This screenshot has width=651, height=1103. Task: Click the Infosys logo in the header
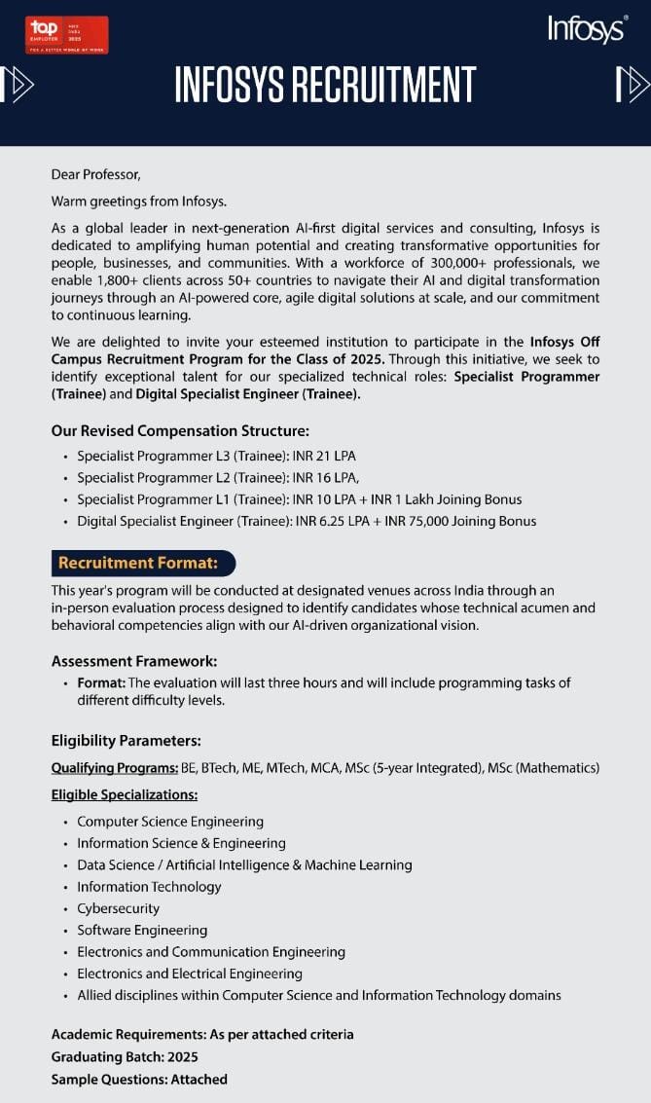(x=586, y=29)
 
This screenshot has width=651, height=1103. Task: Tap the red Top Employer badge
(x=67, y=35)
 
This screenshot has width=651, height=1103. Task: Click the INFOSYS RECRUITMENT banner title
(x=325, y=86)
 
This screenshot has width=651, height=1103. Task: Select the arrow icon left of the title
(x=18, y=86)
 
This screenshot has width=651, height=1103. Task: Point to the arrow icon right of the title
(x=633, y=86)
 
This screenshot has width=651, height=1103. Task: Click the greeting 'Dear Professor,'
(x=96, y=175)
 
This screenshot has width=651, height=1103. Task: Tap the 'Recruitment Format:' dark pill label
(x=143, y=563)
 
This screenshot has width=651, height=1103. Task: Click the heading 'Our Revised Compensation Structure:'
(x=180, y=430)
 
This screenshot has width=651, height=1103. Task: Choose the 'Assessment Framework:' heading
(x=134, y=661)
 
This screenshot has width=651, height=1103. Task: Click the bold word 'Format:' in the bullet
(x=101, y=683)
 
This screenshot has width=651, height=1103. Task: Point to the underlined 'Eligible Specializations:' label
(x=125, y=794)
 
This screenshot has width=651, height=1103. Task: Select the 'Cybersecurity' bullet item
(x=118, y=908)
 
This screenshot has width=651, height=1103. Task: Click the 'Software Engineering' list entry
(x=142, y=930)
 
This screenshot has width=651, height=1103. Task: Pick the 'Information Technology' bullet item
(x=149, y=887)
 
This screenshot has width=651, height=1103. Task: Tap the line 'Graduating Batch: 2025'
(x=125, y=1056)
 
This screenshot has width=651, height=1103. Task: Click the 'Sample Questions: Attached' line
(x=139, y=1079)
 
